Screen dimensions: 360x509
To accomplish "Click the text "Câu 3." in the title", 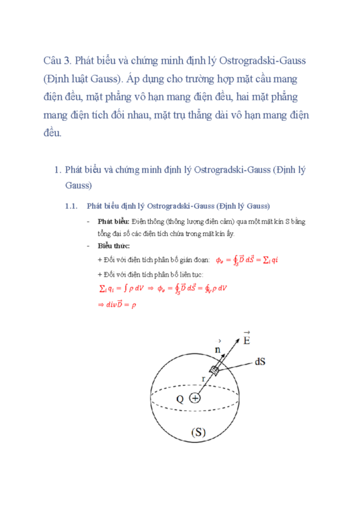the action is pyautogui.click(x=57, y=61).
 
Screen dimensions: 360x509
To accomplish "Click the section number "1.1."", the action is pyautogui.click(x=71, y=206).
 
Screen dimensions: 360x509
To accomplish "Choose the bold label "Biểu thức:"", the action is pyautogui.click(x=113, y=246).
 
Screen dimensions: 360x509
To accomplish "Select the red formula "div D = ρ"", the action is pyautogui.click(x=118, y=305).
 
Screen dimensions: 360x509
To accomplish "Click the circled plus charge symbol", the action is pyautogui.click(x=195, y=398).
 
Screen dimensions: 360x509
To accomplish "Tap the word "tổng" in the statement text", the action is pyautogui.click(x=105, y=233).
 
